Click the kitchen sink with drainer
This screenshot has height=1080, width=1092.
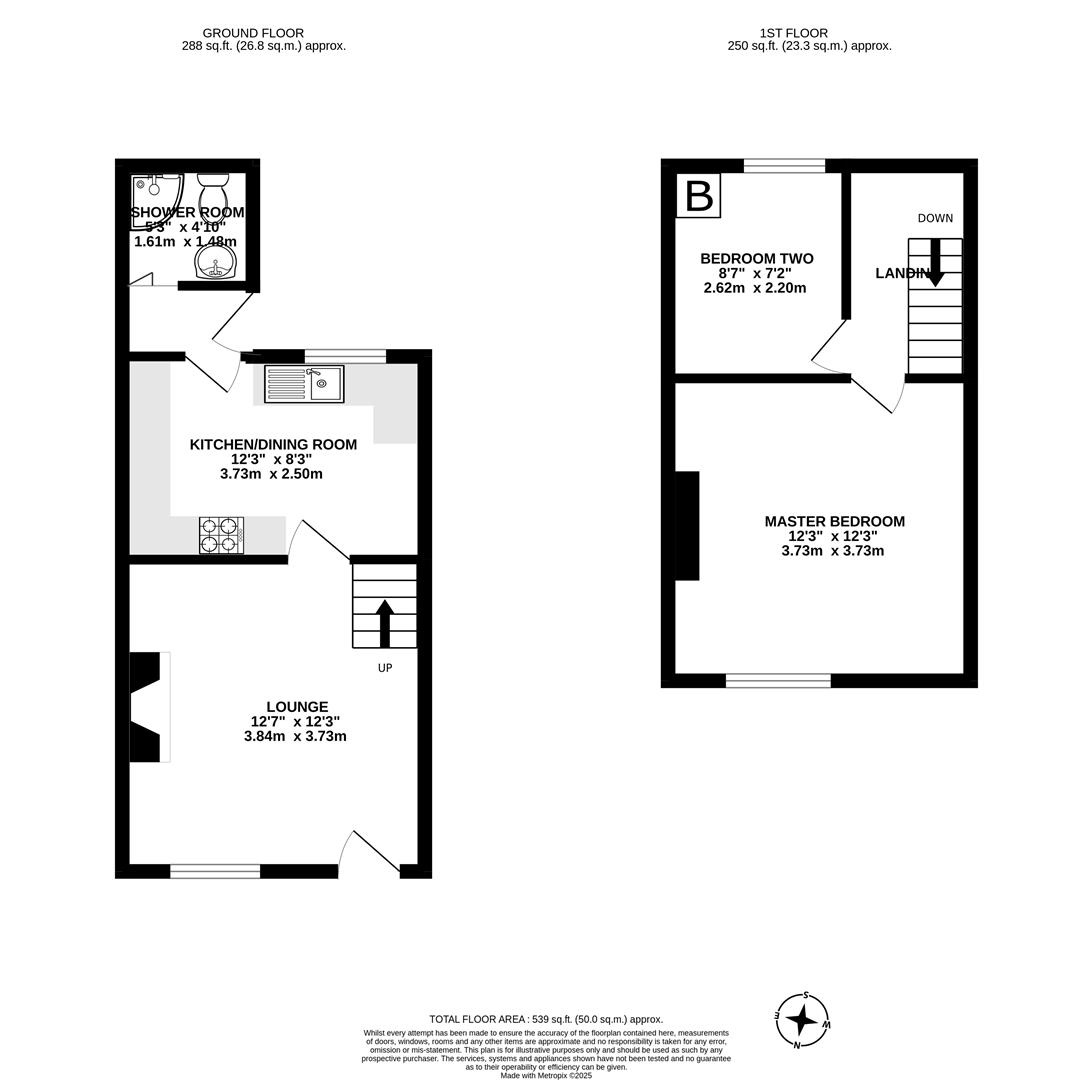304,384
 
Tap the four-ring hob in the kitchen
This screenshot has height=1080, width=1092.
221,535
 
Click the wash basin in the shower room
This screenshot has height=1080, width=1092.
215,263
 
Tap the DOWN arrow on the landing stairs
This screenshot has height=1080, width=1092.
935,262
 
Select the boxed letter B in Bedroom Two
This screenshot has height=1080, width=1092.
698,196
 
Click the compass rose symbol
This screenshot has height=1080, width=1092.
802,1020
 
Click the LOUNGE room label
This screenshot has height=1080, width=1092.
297,707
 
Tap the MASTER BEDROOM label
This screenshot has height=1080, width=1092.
834,521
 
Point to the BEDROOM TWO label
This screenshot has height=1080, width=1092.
756,259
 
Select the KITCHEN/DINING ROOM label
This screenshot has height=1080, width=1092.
273,445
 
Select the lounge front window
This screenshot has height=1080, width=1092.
215,871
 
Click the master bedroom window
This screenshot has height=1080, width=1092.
778,681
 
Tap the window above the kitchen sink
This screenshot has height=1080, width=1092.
345,356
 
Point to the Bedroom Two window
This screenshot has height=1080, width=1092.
784,166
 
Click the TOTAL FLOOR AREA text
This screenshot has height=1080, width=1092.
546,1019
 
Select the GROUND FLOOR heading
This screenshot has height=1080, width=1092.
253,33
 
